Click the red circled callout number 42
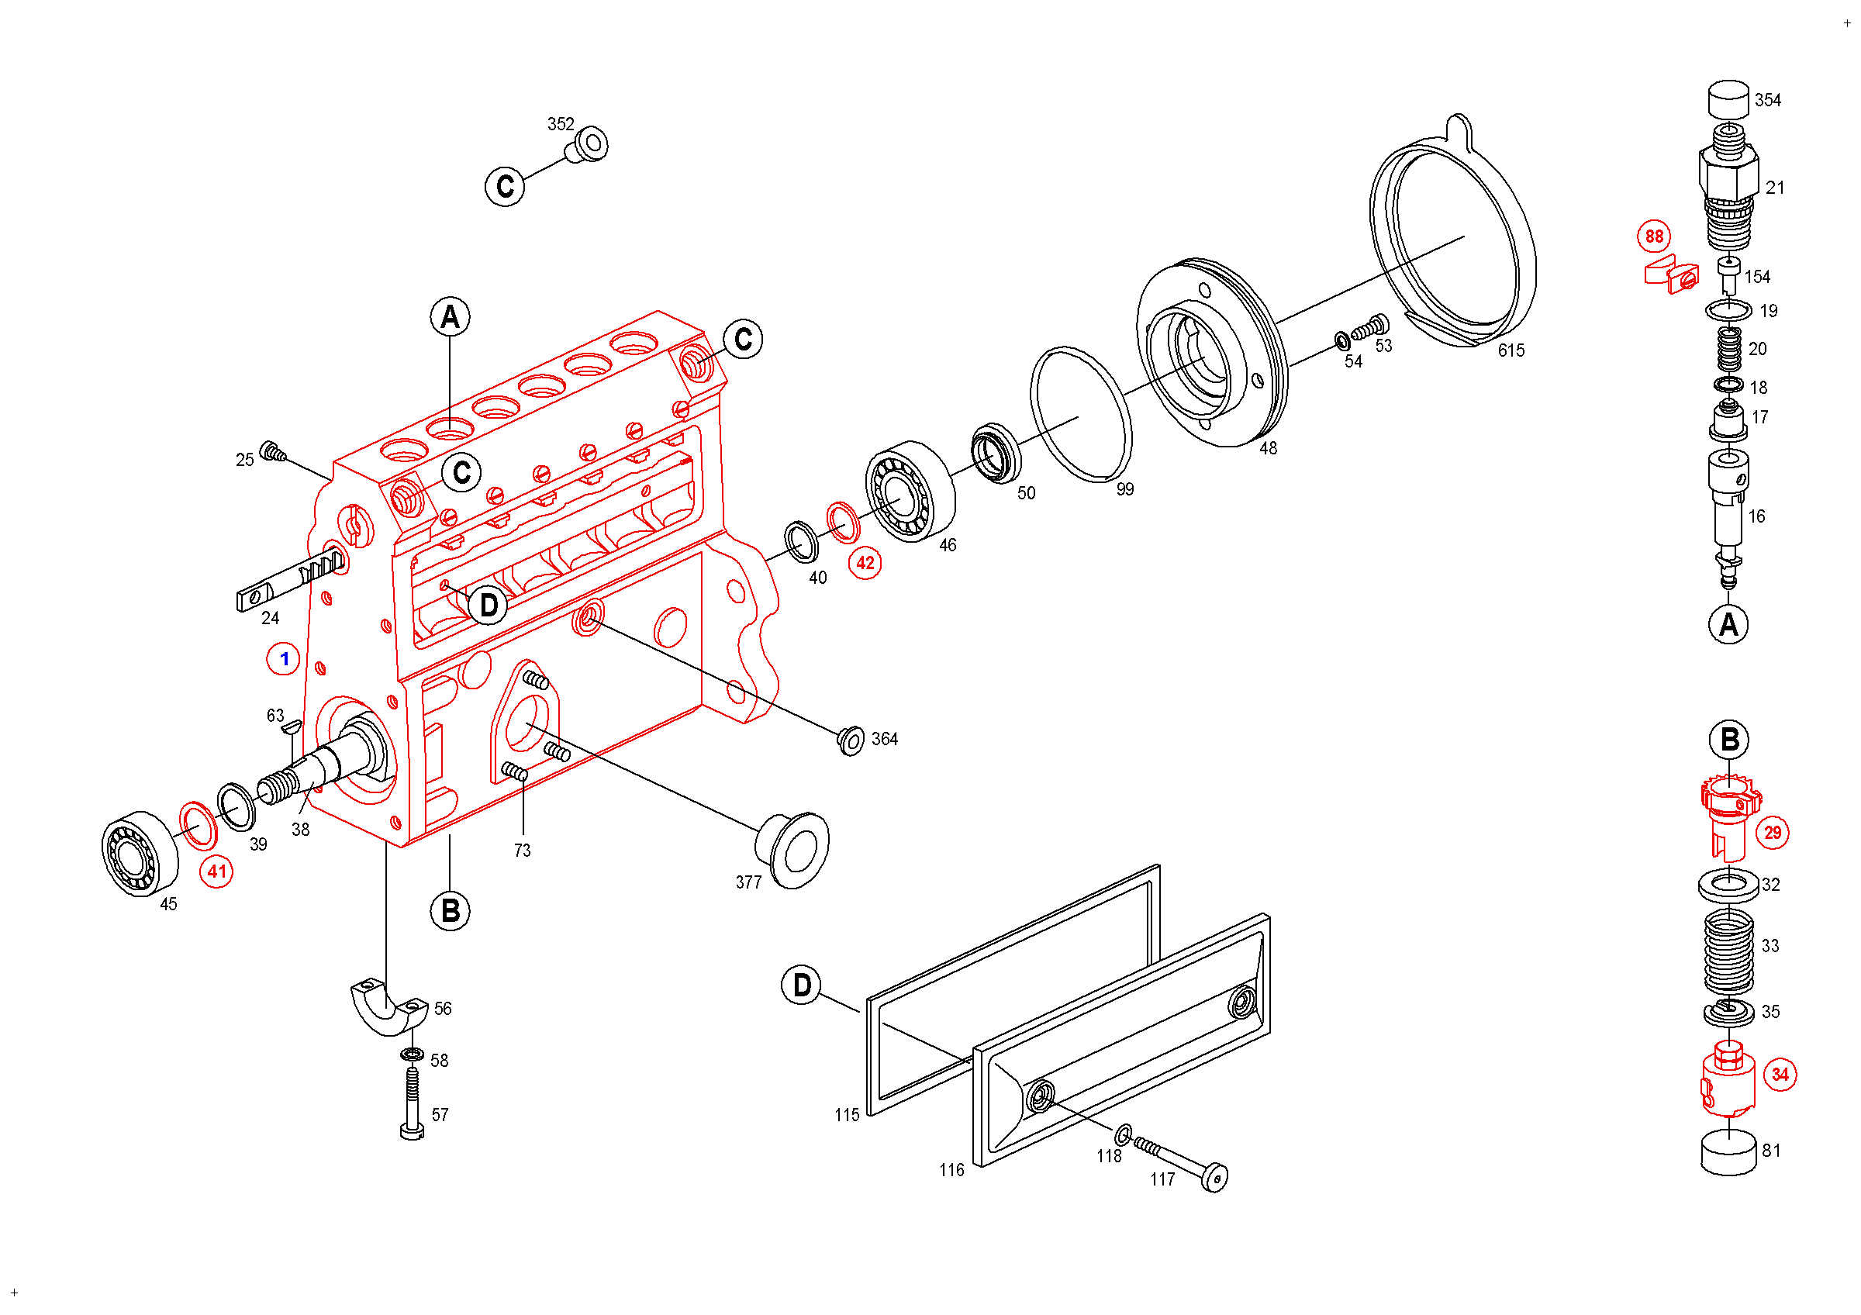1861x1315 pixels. pos(865,563)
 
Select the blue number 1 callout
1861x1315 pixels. pos(284,660)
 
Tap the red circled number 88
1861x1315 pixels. pos(1653,236)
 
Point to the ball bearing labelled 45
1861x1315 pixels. pos(140,853)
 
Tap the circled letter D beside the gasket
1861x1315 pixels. pos(802,985)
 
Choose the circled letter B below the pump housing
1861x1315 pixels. pos(451,911)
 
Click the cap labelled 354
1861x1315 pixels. pos(1728,100)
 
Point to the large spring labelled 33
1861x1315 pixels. pos(1729,952)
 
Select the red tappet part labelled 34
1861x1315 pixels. pos(1728,1080)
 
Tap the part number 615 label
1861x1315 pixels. pos(1511,350)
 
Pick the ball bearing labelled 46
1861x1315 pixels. pos(910,492)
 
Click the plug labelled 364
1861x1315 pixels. pos(851,740)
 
